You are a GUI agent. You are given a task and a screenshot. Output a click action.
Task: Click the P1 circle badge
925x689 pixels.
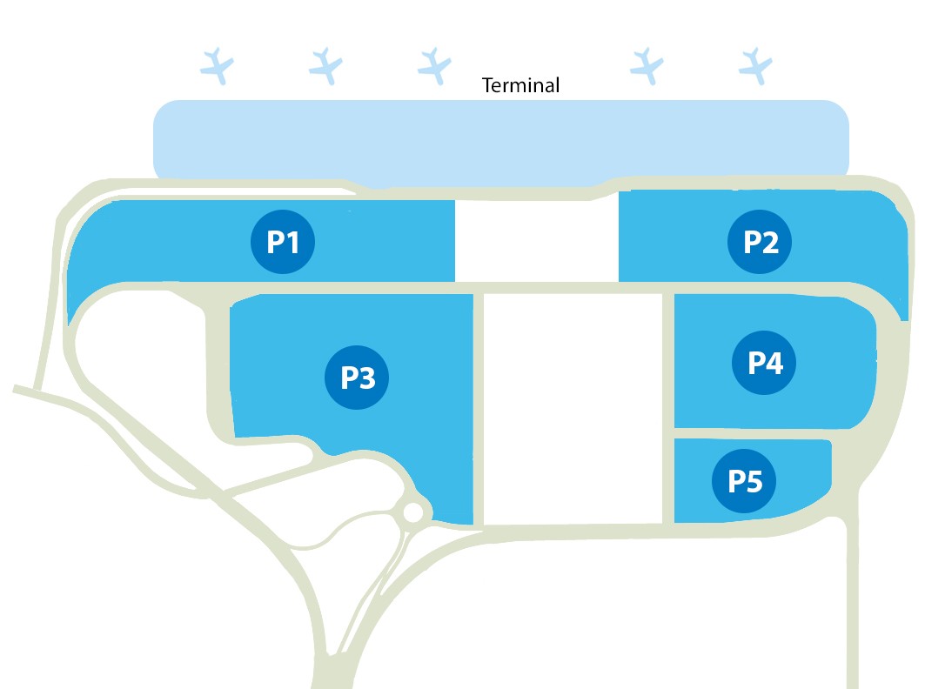click(x=283, y=243)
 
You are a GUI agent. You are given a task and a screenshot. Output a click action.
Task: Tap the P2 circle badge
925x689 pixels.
click(x=760, y=243)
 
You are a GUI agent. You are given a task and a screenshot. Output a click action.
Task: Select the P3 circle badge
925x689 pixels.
click(x=357, y=378)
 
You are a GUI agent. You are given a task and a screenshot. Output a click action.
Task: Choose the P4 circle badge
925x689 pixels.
click(x=765, y=363)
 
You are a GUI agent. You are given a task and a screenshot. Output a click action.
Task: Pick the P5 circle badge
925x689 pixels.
click(x=744, y=480)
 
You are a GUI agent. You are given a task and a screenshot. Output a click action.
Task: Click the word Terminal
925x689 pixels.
click(x=521, y=85)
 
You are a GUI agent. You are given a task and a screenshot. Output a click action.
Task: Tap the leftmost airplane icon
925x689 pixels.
click(x=218, y=65)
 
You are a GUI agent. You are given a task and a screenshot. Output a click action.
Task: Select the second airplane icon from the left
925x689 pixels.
click(x=326, y=65)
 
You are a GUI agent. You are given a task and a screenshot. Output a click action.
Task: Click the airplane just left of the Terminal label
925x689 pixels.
click(x=433, y=64)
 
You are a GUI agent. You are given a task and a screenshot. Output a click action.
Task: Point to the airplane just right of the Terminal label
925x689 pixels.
click(x=646, y=65)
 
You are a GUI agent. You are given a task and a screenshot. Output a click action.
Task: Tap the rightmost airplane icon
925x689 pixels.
click(x=755, y=65)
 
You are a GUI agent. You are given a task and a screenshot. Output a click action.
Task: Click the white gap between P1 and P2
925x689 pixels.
click(x=536, y=240)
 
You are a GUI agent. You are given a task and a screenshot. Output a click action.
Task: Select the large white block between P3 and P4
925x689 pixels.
click(x=573, y=409)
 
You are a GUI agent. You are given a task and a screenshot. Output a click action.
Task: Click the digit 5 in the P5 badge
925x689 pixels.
click(x=756, y=480)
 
